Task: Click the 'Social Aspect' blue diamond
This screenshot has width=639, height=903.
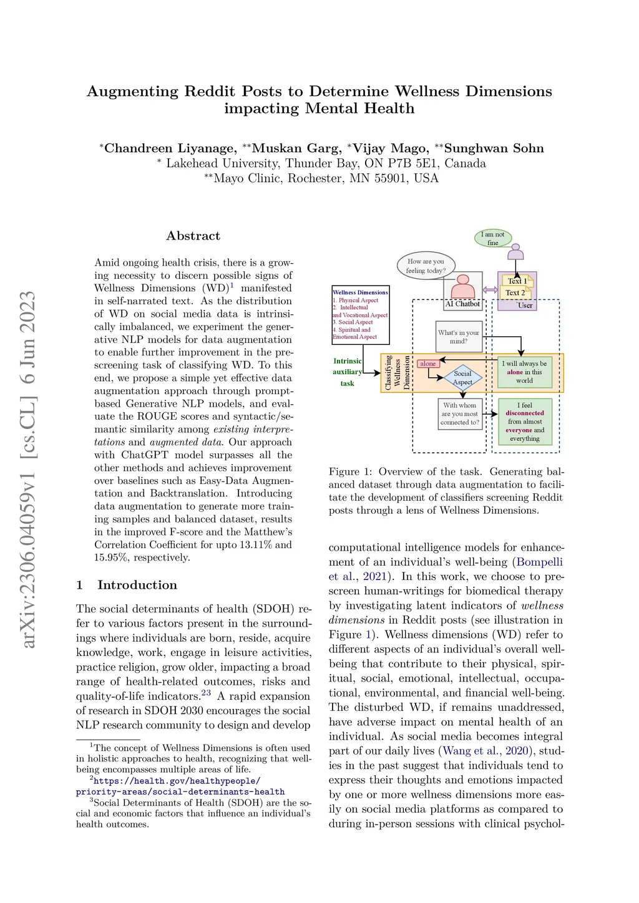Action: pos(462,377)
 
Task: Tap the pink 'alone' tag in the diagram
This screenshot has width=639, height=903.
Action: pos(428,364)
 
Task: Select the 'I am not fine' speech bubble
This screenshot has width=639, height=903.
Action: pos(493,238)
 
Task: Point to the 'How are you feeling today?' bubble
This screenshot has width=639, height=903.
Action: pos(426,266)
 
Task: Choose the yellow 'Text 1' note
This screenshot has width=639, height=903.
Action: pos(517,281)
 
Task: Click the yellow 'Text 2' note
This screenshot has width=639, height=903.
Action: pos(515,292)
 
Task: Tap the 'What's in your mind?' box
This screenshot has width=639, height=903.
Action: pos(459,337)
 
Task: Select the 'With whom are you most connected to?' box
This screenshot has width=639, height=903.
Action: pos(460,413)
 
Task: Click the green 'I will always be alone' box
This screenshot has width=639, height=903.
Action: pos(524,372)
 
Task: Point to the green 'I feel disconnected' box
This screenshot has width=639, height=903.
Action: pos(525,422)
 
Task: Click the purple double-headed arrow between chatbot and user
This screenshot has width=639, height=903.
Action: pos(490,290)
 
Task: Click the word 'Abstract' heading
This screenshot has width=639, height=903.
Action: pos(193,236)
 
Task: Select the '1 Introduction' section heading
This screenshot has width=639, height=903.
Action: pos(127,585)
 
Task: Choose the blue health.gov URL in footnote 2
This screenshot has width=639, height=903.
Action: pos(180,786)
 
